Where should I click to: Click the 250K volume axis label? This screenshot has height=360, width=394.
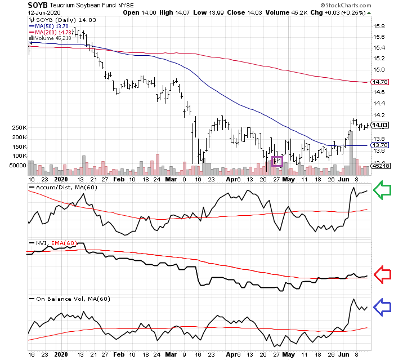point(18,128)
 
